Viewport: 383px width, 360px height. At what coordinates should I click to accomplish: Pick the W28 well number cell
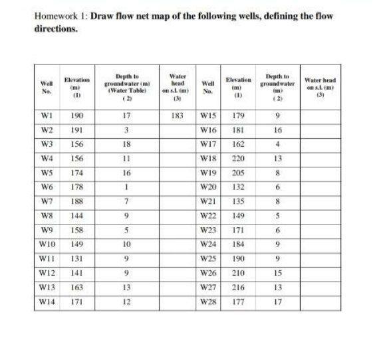point(208,301)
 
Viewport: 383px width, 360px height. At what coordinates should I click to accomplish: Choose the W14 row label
point(47,301)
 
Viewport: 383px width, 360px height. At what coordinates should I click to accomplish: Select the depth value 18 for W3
point(125,143)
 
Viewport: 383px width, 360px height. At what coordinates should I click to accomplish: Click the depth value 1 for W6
point(125,187)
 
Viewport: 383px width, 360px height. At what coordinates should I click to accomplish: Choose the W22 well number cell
point(208,215)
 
